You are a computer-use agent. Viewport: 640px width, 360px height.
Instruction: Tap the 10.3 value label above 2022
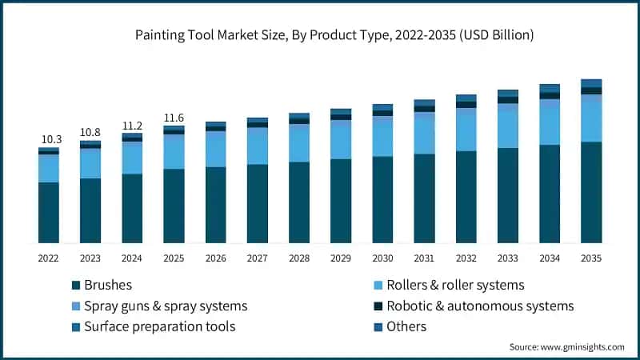[49, 140]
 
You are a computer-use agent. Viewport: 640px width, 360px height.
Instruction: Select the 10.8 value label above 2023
[90, 132]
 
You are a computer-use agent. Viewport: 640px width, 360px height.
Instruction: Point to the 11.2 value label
[132, 125]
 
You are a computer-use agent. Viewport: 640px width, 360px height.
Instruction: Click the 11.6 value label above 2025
[174, 118]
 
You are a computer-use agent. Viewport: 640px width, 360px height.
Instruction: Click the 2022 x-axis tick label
[49, 258]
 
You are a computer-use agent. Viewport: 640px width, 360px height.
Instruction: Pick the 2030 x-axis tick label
[382, 258]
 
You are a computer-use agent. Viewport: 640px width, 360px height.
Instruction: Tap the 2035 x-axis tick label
[591, 258]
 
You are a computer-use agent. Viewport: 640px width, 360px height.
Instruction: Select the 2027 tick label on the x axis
[258, 258]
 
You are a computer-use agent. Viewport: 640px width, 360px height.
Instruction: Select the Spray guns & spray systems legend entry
[159, 306]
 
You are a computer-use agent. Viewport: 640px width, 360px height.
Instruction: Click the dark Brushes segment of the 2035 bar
[591, 192]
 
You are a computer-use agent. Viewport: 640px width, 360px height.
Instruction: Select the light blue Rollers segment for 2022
[49, 169]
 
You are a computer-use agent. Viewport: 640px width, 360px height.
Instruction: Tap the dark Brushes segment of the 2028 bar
[299, 202]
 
